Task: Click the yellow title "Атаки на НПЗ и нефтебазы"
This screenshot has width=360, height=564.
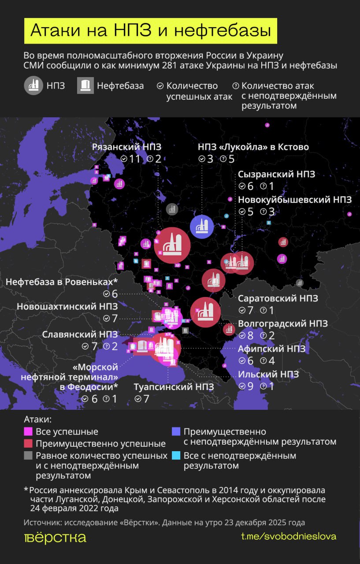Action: tap(150, 31)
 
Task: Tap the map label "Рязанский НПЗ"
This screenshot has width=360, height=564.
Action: tap(126, 147)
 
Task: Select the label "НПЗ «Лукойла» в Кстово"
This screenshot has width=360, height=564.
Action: tap(253, 147)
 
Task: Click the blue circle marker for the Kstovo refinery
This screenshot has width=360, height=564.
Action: tap(202, 227)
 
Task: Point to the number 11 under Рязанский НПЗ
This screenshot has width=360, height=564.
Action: tap(134, 159)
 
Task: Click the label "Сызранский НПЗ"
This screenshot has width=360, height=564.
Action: tap(277, 174)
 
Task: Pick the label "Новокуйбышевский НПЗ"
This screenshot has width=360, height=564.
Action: tap(295, 200)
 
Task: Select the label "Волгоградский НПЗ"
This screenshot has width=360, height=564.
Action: tap(282, 323)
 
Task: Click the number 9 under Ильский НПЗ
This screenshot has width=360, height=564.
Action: tap(250, 386)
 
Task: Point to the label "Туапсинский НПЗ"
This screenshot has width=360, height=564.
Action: tap(174, 387)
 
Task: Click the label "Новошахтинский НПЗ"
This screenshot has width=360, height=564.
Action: tap(67, 306)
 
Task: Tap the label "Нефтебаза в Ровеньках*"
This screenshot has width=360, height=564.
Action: tap(62, 282)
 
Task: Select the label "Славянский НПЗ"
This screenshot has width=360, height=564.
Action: tap(80, 334)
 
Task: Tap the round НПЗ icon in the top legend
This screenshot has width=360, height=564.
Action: tap(33, 85)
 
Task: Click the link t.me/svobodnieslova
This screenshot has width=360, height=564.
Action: tap(289, 536)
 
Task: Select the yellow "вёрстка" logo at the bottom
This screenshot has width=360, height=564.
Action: tap(55, 537)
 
